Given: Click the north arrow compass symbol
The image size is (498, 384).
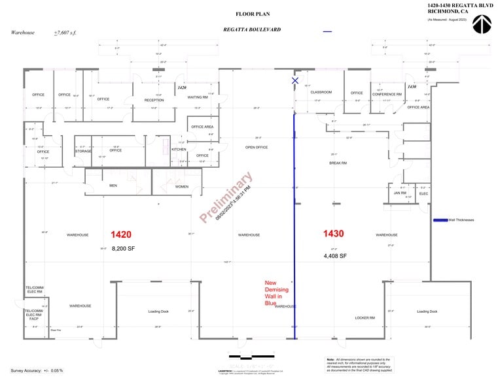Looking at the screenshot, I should (x=482, y=24).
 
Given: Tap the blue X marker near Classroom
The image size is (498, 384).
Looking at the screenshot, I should (x=295, y=80).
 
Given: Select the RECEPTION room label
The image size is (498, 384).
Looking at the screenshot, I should (x=154, y=100).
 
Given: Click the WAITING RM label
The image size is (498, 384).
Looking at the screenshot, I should (x=198, y=97).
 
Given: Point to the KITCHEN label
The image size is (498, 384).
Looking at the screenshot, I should (x=179, y=150).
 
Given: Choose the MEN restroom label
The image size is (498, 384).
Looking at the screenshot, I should (x=113, y=186).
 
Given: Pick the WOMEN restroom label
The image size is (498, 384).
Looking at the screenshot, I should (x=182, y=186).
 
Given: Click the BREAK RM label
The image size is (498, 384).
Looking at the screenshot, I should (x=338, y=163).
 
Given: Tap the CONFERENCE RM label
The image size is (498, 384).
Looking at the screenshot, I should (x=387, y=93).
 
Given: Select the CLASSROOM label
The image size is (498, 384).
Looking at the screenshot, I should (x=321, y=92).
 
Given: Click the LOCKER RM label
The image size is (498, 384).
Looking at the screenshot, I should (x=364, y=317).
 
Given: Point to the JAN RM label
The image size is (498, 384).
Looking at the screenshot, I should (x=400, y=193).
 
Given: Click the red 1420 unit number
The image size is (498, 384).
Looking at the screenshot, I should (x=121, y=234).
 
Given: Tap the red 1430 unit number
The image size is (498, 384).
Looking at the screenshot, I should (x=334, y=233).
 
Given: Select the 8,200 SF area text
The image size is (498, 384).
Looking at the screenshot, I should (x=122, y=248).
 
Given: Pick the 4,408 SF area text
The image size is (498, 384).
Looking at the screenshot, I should (x=335, y=255).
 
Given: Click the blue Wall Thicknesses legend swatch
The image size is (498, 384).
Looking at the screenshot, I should (x=440, y=220).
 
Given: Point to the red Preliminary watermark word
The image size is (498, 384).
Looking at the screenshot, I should (x=226, y=197).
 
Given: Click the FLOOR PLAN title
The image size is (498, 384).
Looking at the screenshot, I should (x=252, y=14).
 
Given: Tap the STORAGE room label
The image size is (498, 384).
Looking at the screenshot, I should (x=83, y=151).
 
